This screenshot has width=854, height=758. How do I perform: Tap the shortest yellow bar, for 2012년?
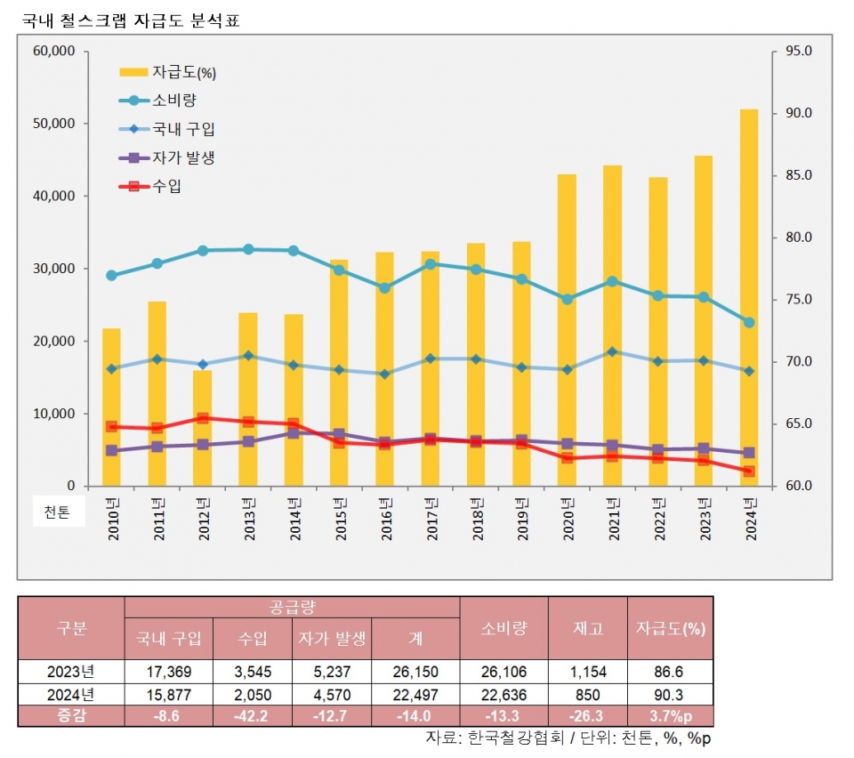pyautogui.click(x=202, y=427)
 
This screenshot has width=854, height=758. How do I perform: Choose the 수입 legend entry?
pyautogui.click(x=167, y=186)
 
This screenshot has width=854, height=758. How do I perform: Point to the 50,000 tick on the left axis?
pyautogui.click(x=54, y=124)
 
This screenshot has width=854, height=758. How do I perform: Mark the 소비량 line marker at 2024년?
pyautogui.click(x=749, y=322)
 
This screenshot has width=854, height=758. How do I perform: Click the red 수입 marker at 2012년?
pyautogui.click(x=202, y=418)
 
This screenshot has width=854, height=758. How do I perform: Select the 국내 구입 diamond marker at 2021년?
pyautogui.click(x=612, y=351)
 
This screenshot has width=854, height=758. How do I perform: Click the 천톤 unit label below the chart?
pyautogui.click(x=58, y=512)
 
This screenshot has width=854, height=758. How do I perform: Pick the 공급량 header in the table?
pyautogui.click(x=293, y=608)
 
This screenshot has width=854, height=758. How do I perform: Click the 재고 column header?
pyautogui.click(x=588, y=628)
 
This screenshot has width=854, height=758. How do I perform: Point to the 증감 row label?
pyautogui.click(x=72, y=716)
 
